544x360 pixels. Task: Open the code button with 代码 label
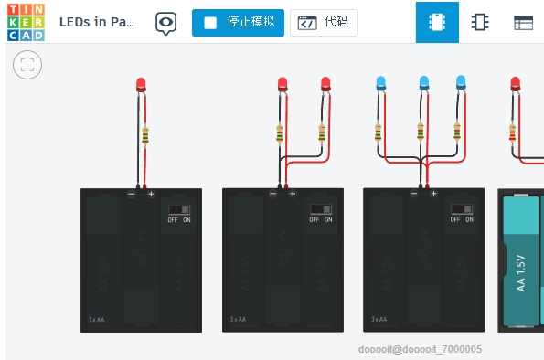click(324, 23)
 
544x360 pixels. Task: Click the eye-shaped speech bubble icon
click(165, 23)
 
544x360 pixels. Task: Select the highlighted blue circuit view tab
click(437, 23)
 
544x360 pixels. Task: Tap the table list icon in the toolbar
click(523, 23)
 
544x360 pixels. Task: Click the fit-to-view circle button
click(27, 65)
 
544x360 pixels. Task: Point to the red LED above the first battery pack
click(141, 85)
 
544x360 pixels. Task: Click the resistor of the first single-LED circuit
click(145, 136)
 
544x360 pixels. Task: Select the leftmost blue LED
click(380, 84)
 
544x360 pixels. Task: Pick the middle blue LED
click(423, 84)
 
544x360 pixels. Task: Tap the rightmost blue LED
click(461, 83)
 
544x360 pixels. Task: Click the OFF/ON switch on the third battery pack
click(461, 211)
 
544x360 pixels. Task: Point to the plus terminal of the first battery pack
click(151, 194)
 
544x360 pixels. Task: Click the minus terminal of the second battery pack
click(272, 194)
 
